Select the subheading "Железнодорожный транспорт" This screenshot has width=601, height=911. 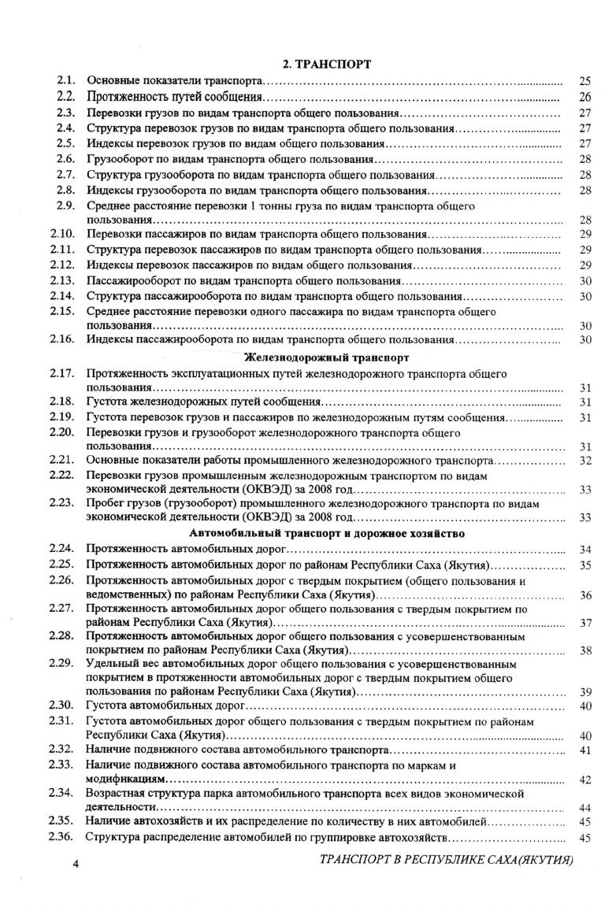[x=327, y=357]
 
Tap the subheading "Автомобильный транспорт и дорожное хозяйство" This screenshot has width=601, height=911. [x=327, y=533]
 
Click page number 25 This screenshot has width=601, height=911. [x=584, y=80]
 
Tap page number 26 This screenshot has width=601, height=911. [x=584, y=97]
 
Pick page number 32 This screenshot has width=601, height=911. [x=584, y=460]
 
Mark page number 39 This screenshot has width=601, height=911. [x=584, y=692]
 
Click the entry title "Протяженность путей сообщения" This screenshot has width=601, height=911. [x=174, y=97]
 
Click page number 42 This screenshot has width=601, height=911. [x=584, y=780]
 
